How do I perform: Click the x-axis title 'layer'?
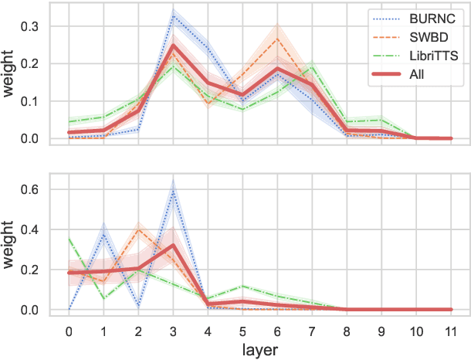[x=259, y=350]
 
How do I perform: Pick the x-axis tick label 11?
[x=450, y=331]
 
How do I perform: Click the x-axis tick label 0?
[x=69, y=331]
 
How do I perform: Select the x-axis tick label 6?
[x=277, y=331]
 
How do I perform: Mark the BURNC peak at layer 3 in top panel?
[x=173, y=15]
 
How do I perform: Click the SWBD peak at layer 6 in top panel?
[x=277, y=38]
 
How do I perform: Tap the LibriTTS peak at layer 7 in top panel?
[x=312, y=67]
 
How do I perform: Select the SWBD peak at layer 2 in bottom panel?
[x=138, y=229]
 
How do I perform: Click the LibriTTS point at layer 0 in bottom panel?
[x=69, y=239]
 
